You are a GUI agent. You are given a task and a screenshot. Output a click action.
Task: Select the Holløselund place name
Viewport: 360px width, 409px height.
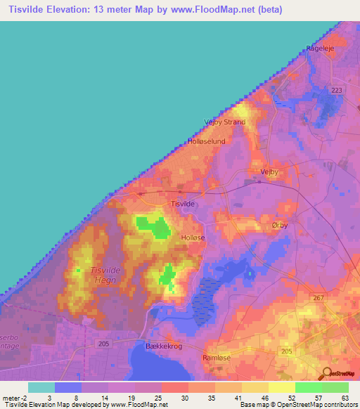(x=206, y=141)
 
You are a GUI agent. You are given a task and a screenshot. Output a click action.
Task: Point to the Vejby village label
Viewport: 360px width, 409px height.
(x=270, y=171)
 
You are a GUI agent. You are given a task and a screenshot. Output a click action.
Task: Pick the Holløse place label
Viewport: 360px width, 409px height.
(x=193, y=238)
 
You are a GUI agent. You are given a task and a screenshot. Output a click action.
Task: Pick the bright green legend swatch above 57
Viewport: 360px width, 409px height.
(x=308, y=387)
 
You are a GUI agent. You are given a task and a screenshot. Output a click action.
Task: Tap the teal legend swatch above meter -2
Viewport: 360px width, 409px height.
(x=41, y=387)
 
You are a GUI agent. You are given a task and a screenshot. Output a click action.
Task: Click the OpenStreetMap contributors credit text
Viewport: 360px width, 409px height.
(x=316, y=405)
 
